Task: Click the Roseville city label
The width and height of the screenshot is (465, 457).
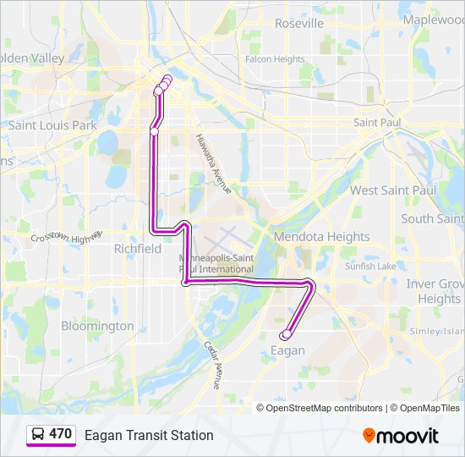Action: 299,24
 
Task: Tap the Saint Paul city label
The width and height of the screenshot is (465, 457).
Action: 376,123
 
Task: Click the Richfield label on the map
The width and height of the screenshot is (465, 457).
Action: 138,249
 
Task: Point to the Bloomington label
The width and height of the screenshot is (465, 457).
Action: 97,326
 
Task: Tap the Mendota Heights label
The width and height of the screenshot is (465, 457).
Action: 321,237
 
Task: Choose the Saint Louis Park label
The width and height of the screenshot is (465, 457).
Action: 52,125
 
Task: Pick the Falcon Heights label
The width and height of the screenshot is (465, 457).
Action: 274,59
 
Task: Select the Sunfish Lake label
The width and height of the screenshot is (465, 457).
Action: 370,267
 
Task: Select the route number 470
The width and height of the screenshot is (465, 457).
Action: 61,434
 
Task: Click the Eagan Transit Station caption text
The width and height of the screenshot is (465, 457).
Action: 149,435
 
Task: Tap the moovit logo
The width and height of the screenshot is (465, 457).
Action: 401,436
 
